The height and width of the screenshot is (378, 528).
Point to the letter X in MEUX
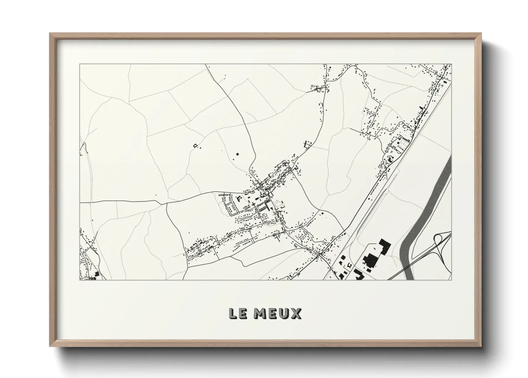tap(296, 314)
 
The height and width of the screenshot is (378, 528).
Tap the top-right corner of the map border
tap(451, 64)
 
